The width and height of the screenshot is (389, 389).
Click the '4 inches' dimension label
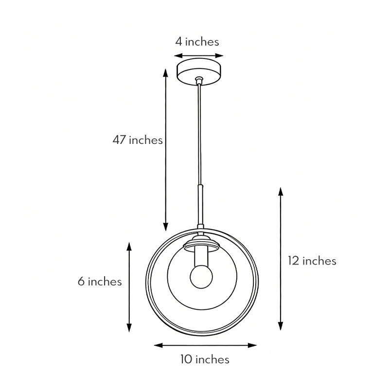point(197,42)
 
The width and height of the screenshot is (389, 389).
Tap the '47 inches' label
point(138,140)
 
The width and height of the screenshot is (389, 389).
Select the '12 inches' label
point(312,261)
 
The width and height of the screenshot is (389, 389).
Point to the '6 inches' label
point(100,282)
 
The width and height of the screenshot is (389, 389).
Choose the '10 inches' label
point(205,360)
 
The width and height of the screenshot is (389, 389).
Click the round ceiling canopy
point(199,72)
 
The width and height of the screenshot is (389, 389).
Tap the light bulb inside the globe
point(200,276)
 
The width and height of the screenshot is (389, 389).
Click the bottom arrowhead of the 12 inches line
point(281,327)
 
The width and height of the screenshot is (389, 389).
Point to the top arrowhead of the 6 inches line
point(129,246)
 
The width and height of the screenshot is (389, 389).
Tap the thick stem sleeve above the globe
point(200,204)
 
